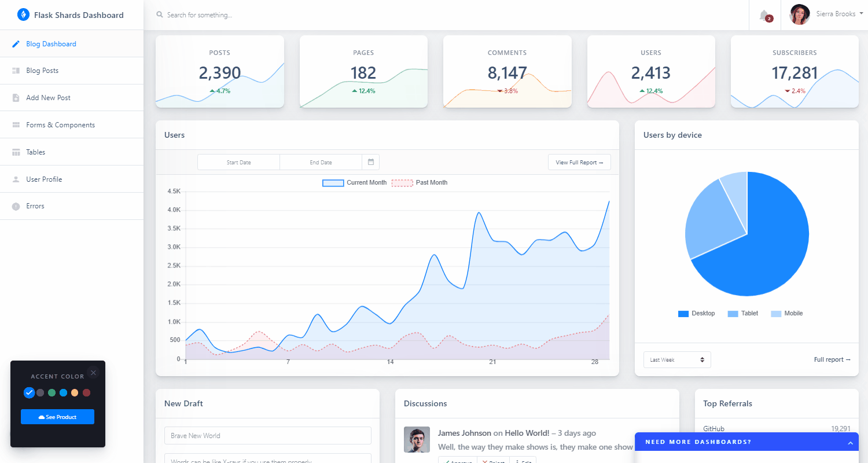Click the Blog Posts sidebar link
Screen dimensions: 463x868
[42, 71]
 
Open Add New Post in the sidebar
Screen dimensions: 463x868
[48, 98]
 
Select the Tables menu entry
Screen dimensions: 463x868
[35, 152]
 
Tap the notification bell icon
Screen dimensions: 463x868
[764, 15]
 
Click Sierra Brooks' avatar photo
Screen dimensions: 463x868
[799, 14]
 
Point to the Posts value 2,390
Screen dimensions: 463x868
[220, 73]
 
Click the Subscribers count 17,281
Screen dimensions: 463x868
[795, 73]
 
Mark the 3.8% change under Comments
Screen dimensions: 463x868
[507, 91]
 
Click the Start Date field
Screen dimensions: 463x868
[238, 163]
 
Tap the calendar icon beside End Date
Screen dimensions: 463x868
[371, 162]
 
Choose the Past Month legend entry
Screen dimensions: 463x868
[420, 183]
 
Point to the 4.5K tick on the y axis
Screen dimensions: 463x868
[174, 192]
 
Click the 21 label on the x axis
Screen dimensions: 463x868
[492, 362]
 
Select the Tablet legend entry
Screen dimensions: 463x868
[743, 314]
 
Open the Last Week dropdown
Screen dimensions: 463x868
[677, 360]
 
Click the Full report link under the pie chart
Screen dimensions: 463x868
[832, 360]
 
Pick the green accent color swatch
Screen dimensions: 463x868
[52, 393]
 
